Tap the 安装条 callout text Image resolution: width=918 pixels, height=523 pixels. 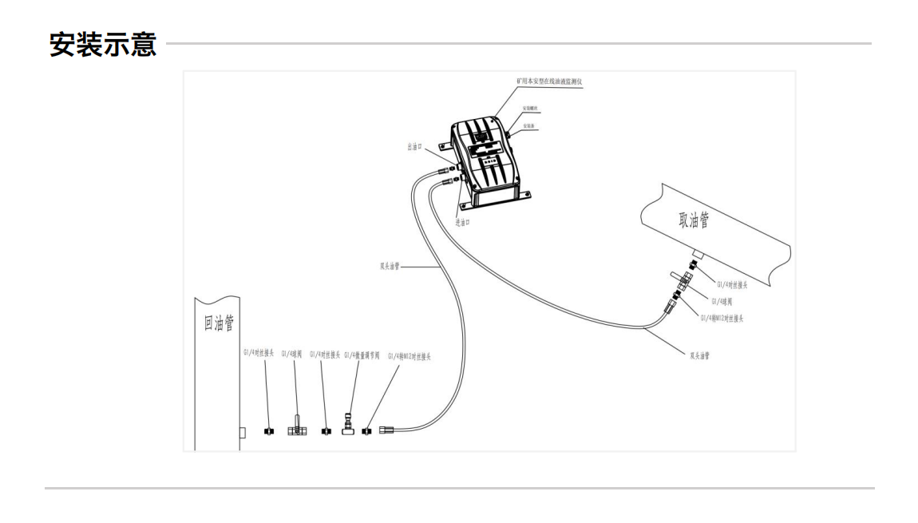(x=530, y=127)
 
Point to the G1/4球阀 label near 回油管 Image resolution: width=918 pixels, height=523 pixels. (x=291, y=354)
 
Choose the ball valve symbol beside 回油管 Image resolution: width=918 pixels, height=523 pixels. (x=296, y=428)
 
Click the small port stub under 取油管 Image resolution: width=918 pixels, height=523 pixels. (x=696, y=254)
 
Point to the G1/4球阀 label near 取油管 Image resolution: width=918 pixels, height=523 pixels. (x=726, y=301)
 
